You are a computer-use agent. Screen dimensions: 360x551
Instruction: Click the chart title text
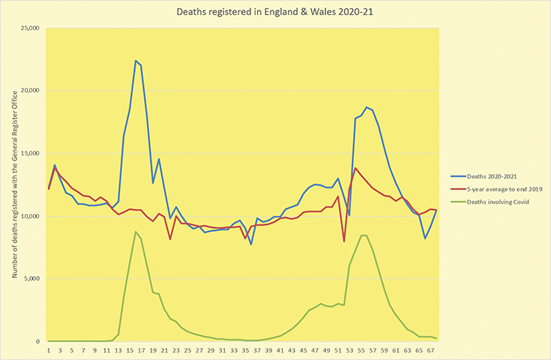pyautogui.click(x=275, y=13)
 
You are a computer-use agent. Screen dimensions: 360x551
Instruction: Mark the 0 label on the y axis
pyautogui.click(x=39, y=341)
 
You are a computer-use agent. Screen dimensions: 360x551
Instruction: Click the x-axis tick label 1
pyautogui.click(x=49, y=350)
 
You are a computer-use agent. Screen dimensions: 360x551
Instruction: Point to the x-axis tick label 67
pyautogui.click(x=430, y=350)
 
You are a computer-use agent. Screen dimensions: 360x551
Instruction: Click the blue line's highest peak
pyautogui.click(x=136, y=61)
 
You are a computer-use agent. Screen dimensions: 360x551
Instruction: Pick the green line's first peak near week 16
pyautogui.click(x=136, y=232)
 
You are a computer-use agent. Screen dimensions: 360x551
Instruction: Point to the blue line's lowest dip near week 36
pyautogui.click(x=251, y=244)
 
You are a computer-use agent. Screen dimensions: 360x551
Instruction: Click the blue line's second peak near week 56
pyautogui.click(x=367, y=107)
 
